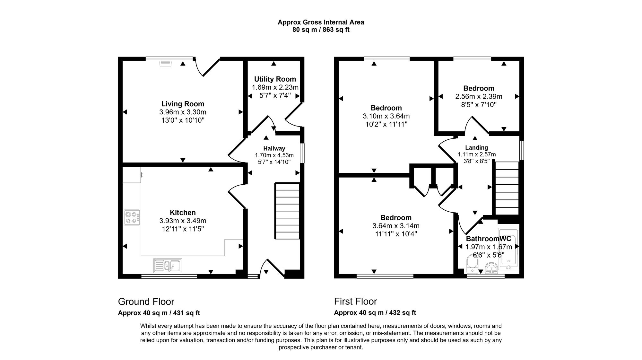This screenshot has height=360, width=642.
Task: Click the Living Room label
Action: pos(183,104)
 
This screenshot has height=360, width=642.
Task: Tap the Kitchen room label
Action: pos(183,213)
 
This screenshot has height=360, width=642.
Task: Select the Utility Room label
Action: pos(275,79)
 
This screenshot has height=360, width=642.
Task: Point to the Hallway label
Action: pos(274,148)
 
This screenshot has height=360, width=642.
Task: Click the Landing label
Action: pos(477,148)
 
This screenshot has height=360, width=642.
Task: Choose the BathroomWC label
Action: pos(488,239)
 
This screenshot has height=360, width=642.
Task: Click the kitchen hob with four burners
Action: pos(132,217)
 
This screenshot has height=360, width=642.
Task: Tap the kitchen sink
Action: pos(168,266)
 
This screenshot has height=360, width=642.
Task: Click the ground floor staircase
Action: pos(287,211)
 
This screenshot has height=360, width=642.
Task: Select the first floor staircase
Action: pos(507,188)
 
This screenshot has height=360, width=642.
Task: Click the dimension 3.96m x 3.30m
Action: pos(183,112)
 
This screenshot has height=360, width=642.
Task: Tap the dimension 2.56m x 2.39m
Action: pos(479,97)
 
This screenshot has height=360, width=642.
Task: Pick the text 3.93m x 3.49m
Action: pos(183,221)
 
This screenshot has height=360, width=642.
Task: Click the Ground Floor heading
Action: pos(146,302)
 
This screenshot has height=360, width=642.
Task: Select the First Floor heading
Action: pos(355,302)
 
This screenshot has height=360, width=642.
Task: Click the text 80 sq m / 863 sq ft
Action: pos(321,30)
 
